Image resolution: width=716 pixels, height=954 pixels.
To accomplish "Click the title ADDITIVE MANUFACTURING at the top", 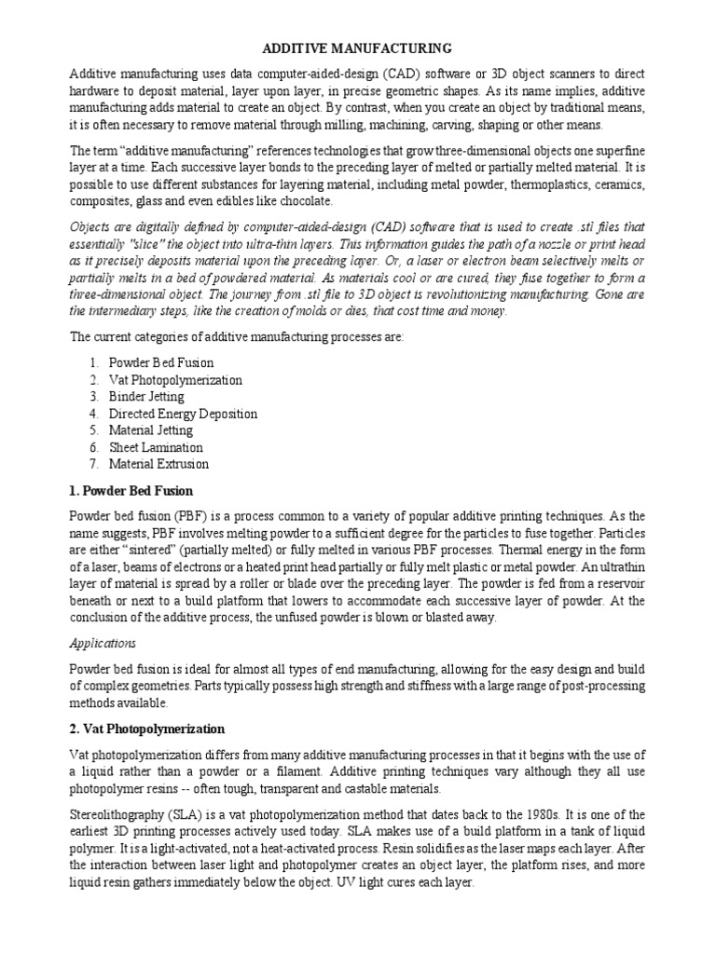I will point(357,48).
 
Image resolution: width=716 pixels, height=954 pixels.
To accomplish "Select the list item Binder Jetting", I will point(146,397).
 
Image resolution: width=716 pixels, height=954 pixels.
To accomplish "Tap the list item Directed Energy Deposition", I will point(183,414).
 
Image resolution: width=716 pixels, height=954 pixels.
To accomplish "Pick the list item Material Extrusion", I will point(158,464).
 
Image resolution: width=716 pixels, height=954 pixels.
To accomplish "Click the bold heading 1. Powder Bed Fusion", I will point(131,491).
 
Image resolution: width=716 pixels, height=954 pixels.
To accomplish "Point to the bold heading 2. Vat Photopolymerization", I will point(147,729).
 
